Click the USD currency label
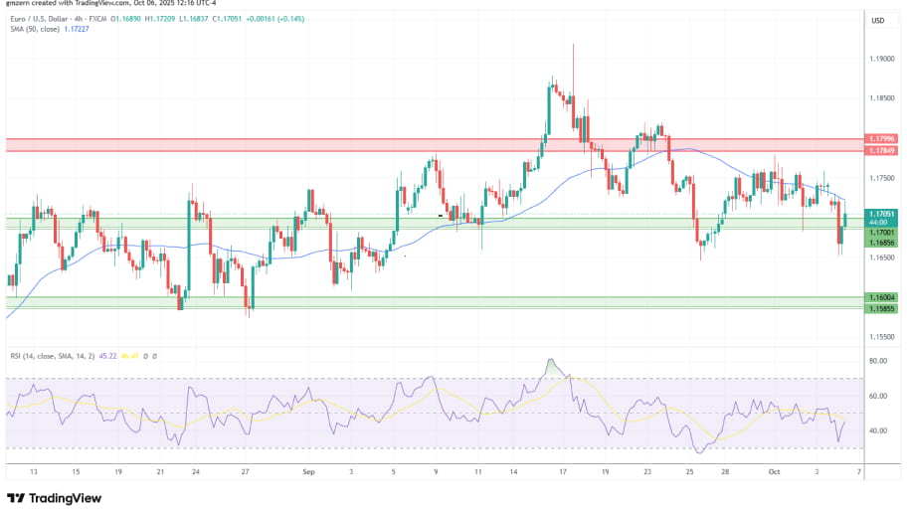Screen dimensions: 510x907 [878, 20]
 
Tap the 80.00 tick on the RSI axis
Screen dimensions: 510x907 [877, 361]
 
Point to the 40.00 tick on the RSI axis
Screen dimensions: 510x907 [877, 430]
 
